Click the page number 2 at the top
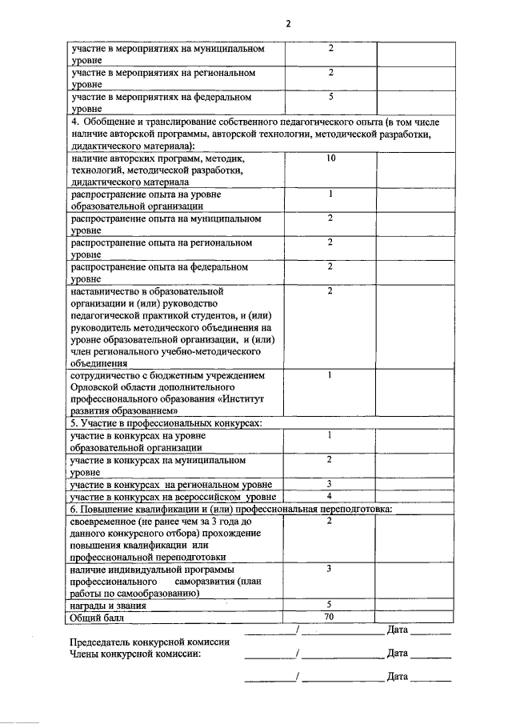point(287,24)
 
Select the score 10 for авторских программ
point(330,159)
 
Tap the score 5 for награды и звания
point(330,605)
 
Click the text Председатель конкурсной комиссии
point(150,642)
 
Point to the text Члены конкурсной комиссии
point(134,654)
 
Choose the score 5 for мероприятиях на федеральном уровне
point(330,96)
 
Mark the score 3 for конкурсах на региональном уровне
point(330,484)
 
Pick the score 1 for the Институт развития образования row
point(330,374)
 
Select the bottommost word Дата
point(398,677)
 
